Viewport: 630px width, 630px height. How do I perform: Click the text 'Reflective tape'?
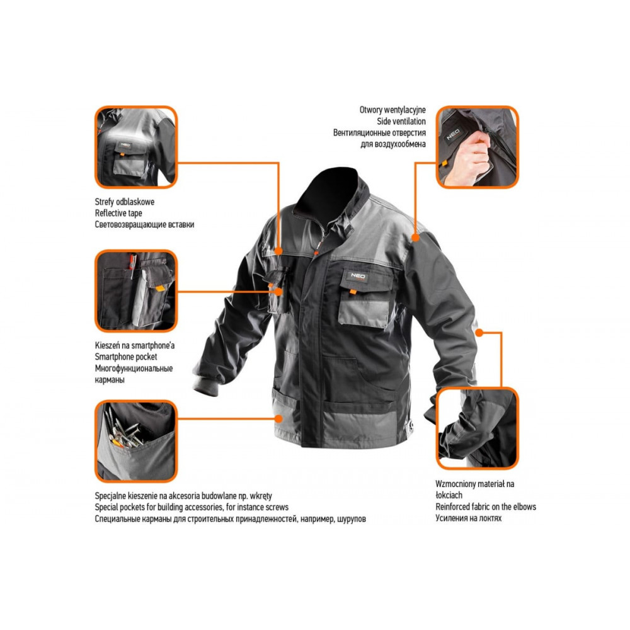coord(118,213)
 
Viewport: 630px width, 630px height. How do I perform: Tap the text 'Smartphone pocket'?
coord(126,357)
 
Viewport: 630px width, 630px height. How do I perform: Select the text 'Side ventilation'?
coord(401,121)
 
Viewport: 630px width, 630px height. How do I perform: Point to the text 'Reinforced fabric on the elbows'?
coord(486,507)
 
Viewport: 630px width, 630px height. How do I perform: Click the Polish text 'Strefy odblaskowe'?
coord(125,202)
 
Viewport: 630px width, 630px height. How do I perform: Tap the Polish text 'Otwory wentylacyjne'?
coord(392,110)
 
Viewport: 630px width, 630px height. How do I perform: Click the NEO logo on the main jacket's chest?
coord(358,276)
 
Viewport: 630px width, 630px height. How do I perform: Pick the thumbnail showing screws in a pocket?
coord(136,441)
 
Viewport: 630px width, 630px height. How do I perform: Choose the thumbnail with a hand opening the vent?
coord(478,147)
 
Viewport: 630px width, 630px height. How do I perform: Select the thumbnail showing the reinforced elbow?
coord(478,428)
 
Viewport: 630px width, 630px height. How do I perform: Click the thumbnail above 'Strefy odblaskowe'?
coord(136,147)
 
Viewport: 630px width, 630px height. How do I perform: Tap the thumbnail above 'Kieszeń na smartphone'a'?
coord(136,291)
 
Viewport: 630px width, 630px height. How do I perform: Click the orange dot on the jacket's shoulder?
coord(416,238)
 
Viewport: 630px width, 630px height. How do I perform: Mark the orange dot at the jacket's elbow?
coord(479,333)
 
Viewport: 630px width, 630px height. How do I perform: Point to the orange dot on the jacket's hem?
coord(278,419)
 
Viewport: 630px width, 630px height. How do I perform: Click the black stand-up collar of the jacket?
coord(333,193)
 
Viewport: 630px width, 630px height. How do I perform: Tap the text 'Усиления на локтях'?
coord(469,518)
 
